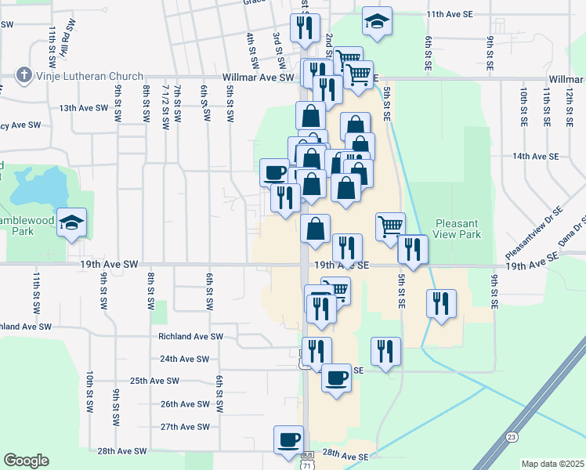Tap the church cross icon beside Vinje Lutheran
click(24, 76)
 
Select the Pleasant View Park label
click(456, 228)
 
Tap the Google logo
click(26, 461)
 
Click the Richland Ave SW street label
click(190, 336)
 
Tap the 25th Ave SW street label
click(154, 381)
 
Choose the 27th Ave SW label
click(185, 427)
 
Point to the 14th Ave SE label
click(535, 157)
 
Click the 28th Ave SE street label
click(345, 454)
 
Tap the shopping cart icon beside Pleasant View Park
click(390, 226)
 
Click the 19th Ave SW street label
click(109, 266)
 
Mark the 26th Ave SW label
click(185, 404)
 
